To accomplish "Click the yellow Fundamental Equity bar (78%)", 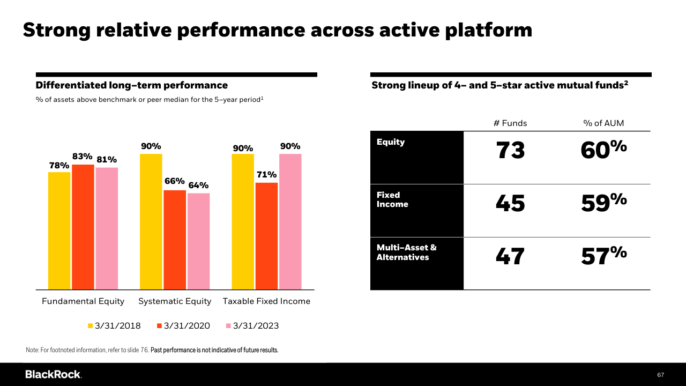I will [59, 231].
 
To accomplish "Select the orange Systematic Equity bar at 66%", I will [175, 240].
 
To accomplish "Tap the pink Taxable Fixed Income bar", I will [290, 221].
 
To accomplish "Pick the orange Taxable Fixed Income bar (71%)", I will [266, 236].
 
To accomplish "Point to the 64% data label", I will [198, 185].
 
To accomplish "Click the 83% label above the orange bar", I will [83, 157].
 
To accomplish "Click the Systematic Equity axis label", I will [175, 301].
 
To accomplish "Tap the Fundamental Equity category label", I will [83, 301].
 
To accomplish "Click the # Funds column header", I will [510, 123].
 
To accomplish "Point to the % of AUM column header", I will [603, 123].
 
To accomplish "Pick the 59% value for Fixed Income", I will [603, 203].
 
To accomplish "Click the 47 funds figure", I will [510, 256].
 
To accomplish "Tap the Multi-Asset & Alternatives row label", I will [407, 253].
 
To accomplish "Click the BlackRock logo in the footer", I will [53, 374].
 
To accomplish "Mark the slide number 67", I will [660, 375].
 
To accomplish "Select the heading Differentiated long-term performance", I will [132, 85].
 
